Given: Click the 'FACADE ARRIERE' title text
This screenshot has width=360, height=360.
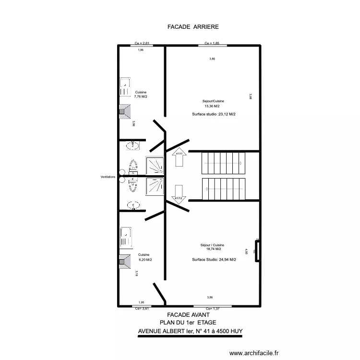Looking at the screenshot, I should [192, 27].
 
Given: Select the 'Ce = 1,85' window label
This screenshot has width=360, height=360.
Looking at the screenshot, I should [212, 43].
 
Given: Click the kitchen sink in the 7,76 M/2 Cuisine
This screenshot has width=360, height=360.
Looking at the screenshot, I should [125, 88].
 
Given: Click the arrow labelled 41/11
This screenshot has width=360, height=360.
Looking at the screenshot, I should [179, 157].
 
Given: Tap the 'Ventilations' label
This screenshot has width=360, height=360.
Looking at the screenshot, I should [108, 177].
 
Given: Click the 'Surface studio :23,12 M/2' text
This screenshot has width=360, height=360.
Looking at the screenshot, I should [214, 114].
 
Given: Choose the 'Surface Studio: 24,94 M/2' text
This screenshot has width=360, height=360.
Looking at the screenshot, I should [214, 260].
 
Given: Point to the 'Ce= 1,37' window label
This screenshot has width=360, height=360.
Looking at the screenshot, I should [212, 309].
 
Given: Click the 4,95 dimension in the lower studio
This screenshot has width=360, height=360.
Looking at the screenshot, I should [246, 252].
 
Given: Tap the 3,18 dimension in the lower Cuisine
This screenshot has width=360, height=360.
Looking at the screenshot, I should [137, 274].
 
